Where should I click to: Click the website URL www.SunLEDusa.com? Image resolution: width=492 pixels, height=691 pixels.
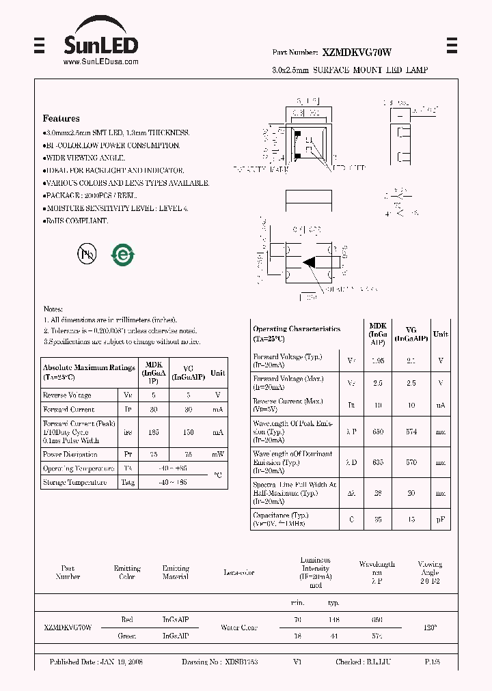pos(100,61)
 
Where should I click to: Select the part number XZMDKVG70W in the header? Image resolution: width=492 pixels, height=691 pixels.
pos(357,53)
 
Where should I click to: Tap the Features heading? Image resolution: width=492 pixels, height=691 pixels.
pos(61,118)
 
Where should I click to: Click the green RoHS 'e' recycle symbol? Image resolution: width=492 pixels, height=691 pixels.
pos(124,254)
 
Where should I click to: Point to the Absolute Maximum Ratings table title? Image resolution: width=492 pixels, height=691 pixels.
pos(89,367)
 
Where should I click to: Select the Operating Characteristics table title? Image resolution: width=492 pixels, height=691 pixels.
pos(297,329)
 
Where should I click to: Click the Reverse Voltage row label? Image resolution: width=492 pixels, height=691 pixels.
pos(67,395)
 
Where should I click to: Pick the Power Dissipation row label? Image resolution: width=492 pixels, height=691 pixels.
pos(70,454)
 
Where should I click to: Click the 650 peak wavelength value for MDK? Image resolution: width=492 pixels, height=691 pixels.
pos(378,431)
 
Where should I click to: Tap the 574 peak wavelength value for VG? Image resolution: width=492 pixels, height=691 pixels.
pos(411,431)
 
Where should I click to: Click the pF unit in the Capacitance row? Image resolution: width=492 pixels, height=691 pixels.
pos(441,520)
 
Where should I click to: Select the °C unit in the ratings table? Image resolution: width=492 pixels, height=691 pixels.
pos(217,475)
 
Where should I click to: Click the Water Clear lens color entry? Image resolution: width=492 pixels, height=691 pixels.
pos(239,627)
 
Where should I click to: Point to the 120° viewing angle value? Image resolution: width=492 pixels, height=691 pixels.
pos(430,627)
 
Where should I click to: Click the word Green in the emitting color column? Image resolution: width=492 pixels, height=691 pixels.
pos(127,636)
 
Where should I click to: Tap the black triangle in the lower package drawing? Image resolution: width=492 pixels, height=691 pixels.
pos(309,262)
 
